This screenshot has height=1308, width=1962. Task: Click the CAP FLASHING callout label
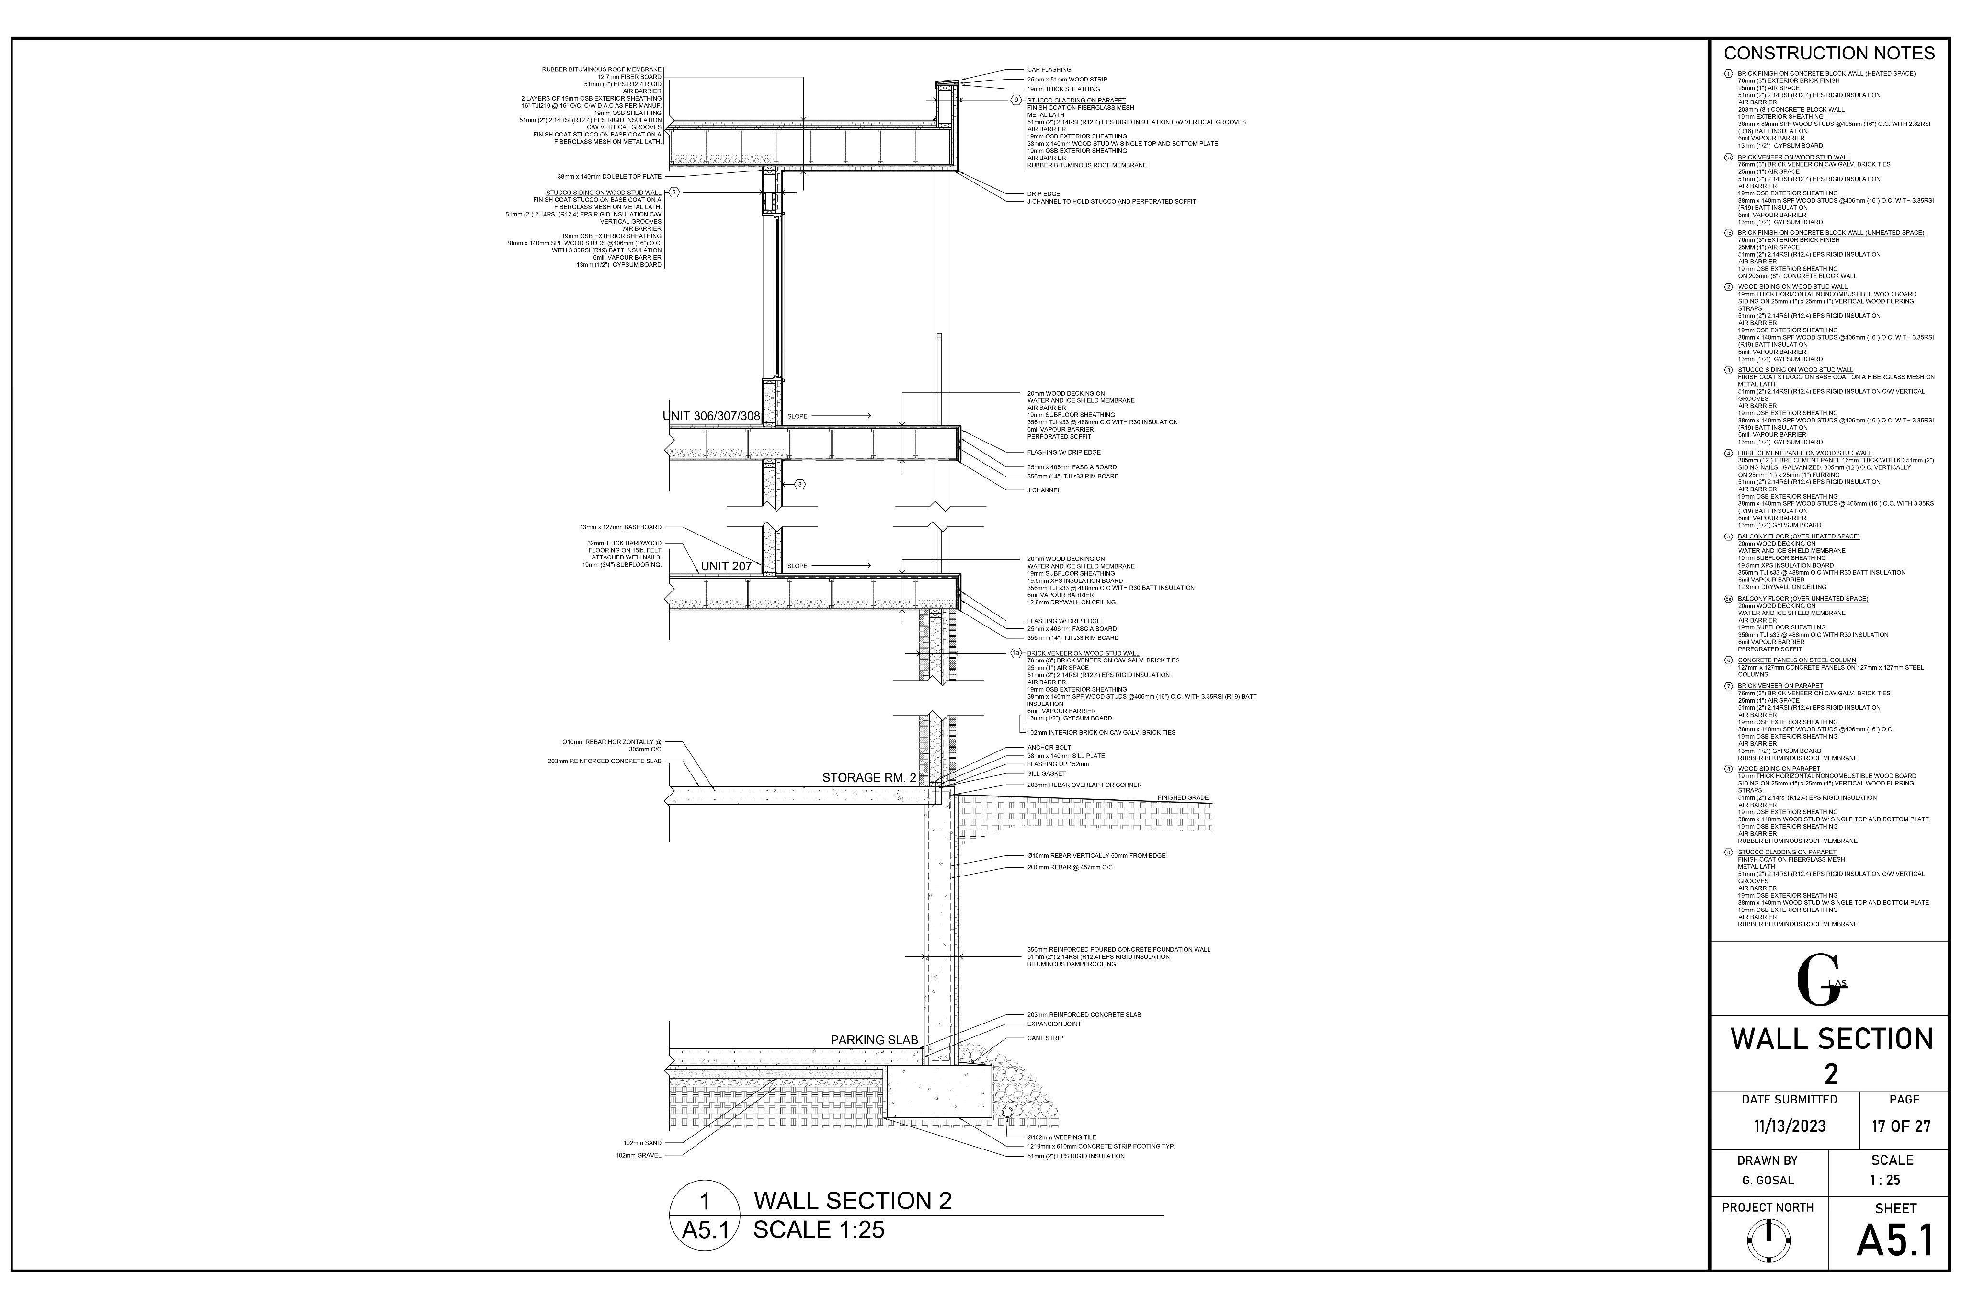pyautogui.click(x=1049, y=70)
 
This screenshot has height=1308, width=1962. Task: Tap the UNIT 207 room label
pyautogui.click(x=726, y=567)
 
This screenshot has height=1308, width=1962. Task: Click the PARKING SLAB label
pyautogui.click(x=873, y=1040)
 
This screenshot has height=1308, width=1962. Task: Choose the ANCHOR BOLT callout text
pyautogui.click(x=1049, y=748)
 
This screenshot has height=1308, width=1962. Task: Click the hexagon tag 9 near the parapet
pyautogui.click(x=1016, y=100)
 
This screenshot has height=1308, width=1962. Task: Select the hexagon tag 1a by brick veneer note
pyautogui.click(x=1016, y=653)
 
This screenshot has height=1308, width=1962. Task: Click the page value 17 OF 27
pyautogui.click(x=1901, y=1126)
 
